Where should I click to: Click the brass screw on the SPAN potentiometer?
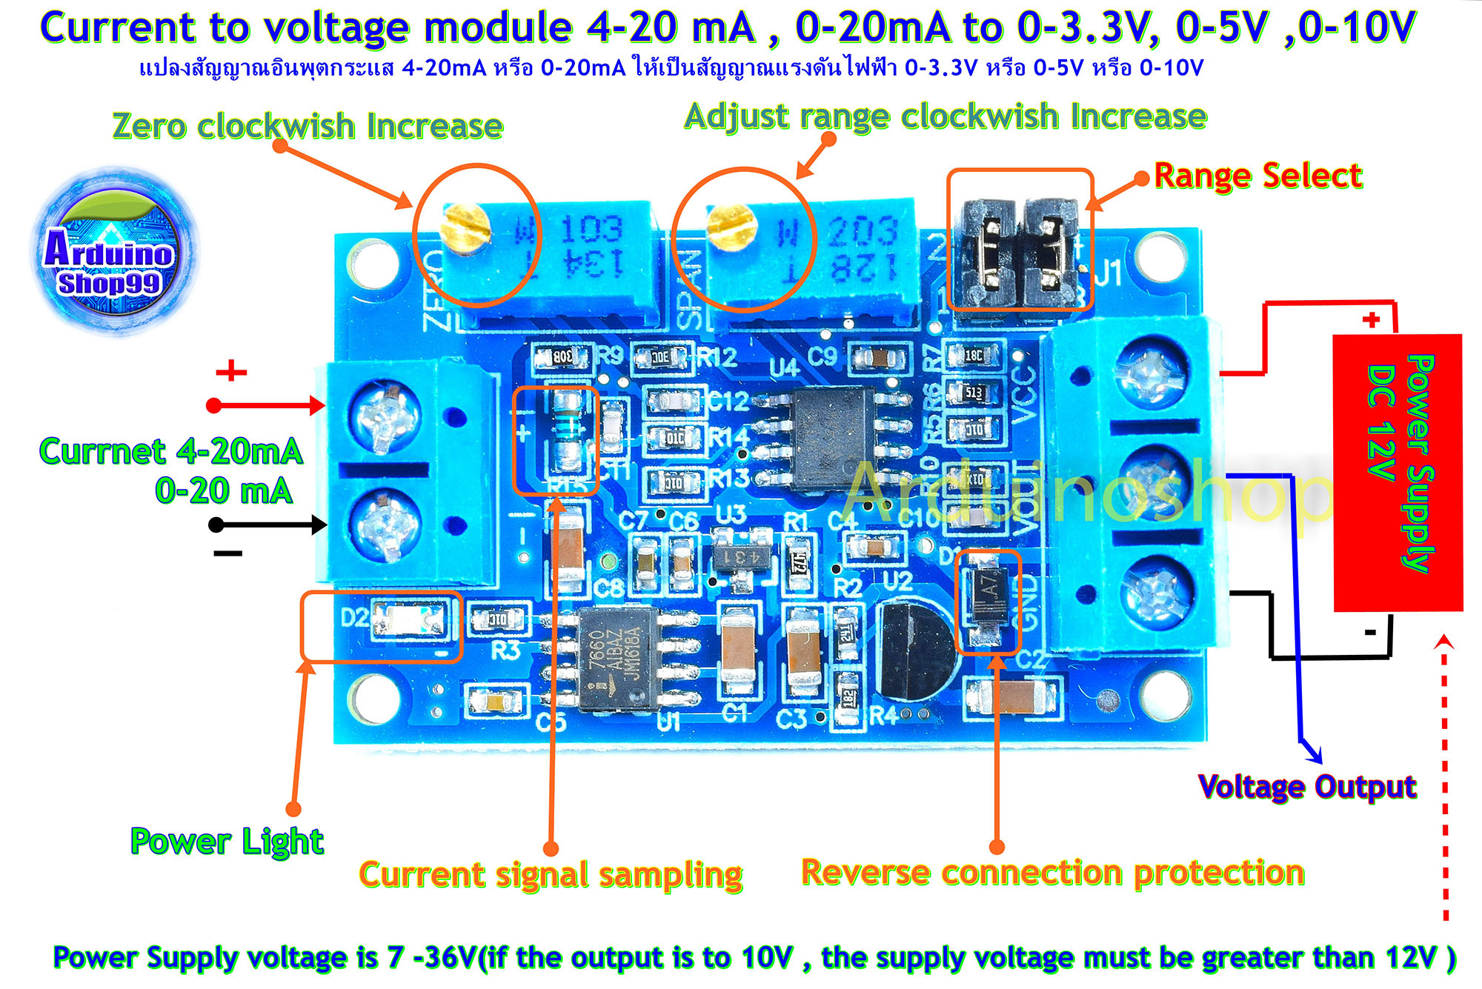tap(731, 226)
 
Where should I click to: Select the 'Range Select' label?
tap(1257, 176)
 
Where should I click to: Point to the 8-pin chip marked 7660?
tap(618, 658)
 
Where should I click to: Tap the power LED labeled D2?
tap(408, 619)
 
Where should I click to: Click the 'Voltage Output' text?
tap(1306, 786)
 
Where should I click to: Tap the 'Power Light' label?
tap(227, 841)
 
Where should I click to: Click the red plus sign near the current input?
tap(230, 370)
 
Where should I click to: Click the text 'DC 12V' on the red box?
tap(1380, 422)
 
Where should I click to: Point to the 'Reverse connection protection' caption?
tap(1052, 873)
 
